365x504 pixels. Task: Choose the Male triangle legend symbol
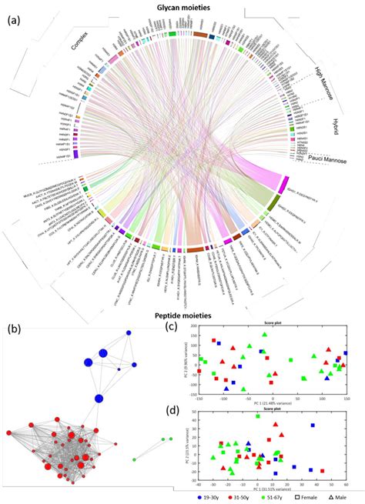tap(332, 497)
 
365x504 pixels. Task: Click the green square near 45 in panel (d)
tap(258, 416)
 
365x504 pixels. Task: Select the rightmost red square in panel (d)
tap(322, 471)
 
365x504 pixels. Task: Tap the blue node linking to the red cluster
tap(99, 398)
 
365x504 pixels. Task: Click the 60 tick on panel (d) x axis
tap(346, 486)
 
